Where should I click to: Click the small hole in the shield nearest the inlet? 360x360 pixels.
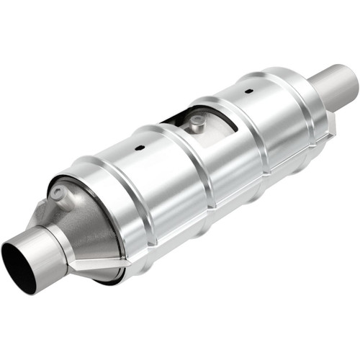point(140,148)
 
